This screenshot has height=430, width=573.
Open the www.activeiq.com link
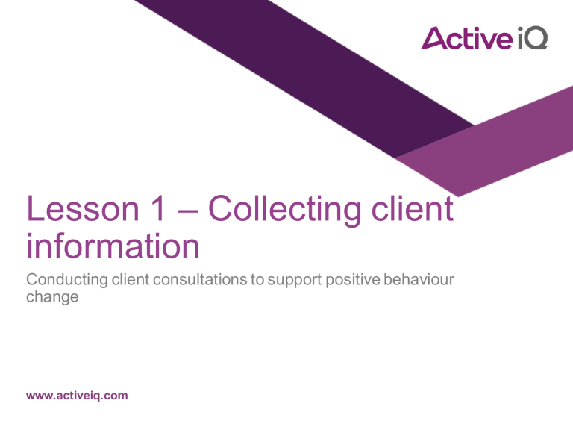click(x=77, y=396)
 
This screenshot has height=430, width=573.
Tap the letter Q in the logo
click(x=536, y=39)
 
